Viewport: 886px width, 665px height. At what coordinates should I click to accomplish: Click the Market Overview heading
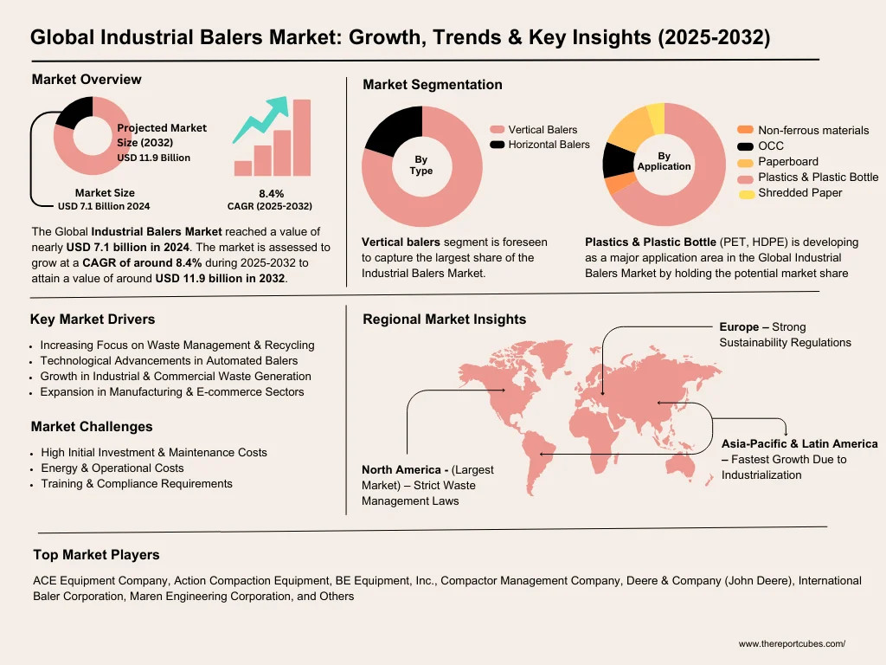87,80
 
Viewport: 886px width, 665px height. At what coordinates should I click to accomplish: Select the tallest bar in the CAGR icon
301,137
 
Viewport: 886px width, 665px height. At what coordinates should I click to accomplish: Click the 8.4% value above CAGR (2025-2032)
271,193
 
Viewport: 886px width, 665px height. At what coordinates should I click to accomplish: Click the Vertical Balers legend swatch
497,130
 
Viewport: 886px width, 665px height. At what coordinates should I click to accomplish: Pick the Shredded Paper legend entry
799,193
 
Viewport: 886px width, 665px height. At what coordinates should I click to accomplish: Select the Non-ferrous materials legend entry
812,131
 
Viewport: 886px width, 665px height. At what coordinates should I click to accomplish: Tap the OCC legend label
771,146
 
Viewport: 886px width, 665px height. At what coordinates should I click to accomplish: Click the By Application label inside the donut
664,162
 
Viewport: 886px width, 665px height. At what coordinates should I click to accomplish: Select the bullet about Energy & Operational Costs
112,468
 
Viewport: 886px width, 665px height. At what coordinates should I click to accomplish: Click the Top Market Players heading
96,554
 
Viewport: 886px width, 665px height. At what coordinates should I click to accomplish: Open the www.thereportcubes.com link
791,644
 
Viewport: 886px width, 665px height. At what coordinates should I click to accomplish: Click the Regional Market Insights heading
444,320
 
